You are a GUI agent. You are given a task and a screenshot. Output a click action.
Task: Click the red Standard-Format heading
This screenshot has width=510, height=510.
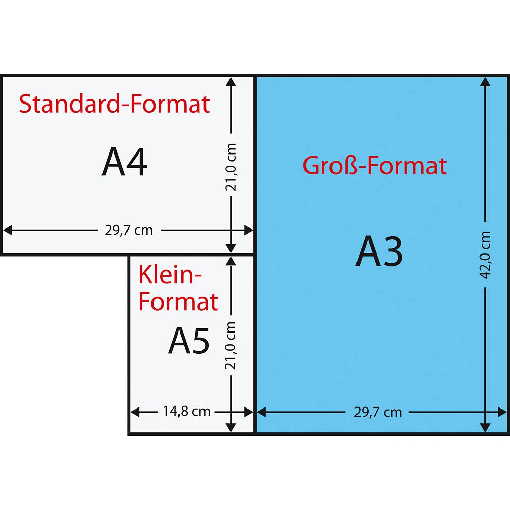114,104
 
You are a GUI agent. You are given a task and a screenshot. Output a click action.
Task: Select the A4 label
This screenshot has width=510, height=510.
124,162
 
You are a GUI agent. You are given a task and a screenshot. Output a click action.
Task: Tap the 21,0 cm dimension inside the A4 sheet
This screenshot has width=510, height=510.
231,167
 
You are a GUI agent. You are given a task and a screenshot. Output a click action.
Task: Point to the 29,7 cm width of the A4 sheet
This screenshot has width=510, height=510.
129,231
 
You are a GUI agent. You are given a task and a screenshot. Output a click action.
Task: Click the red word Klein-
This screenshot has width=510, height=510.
170,275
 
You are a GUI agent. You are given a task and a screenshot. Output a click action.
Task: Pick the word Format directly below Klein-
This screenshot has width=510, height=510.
178,301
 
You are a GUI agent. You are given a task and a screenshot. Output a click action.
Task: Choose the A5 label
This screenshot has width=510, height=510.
189,341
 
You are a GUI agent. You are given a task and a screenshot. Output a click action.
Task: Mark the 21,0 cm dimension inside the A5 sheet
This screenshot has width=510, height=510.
231,345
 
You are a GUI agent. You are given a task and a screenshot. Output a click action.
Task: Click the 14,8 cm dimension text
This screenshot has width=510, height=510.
186,411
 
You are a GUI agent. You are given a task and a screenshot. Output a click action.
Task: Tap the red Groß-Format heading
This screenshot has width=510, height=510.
375,166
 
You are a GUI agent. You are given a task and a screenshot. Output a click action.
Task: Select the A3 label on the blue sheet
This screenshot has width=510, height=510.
379,251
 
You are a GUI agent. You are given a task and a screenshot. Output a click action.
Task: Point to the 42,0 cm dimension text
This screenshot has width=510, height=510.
486,255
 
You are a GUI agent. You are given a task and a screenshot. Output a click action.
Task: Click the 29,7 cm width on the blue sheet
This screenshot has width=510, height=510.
378,412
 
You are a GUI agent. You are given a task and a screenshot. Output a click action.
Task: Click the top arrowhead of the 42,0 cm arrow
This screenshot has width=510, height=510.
486,82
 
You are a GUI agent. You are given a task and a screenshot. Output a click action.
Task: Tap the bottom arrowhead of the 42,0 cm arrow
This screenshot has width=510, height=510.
486,428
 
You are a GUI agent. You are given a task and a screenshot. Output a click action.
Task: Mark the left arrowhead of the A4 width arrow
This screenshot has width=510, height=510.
8,230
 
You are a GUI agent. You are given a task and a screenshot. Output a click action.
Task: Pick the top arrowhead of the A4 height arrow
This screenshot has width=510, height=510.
231,82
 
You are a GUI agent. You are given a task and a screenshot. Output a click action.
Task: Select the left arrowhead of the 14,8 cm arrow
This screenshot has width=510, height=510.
135,412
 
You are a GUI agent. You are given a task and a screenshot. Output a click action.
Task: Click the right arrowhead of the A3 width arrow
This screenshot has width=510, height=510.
502,412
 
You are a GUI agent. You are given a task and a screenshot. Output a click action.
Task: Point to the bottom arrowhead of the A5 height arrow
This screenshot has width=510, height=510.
231,428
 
